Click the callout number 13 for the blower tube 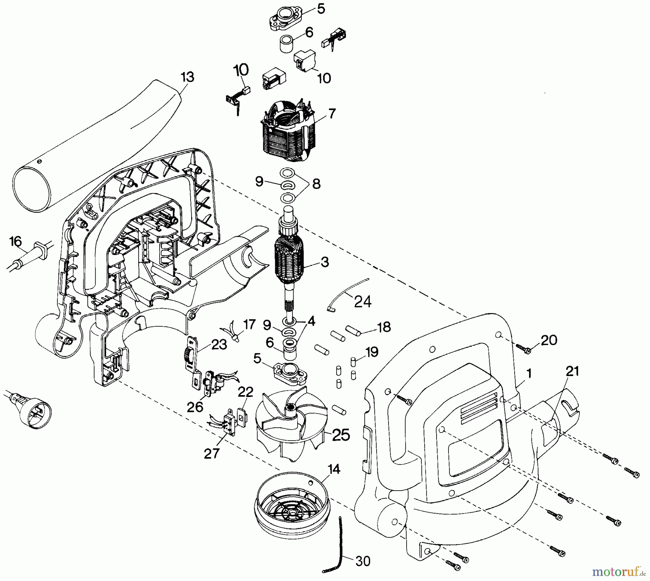click(187, 77)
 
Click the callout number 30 click(363, 561)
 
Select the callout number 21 click(572, 371)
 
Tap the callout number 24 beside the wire click(363, 301)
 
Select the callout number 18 click(383, 327)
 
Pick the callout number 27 click(211, 453)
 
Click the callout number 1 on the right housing click(529, 374)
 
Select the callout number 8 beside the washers click(316, 184)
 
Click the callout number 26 click(195, 407)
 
